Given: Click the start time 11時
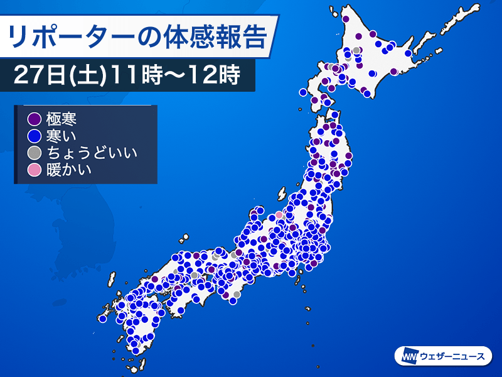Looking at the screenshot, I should pos(139,75).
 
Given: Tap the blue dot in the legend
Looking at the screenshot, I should pos(34,135).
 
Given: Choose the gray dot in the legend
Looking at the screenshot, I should pos(34,152).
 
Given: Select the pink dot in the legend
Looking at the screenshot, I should pos(34,168).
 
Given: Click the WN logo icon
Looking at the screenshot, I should pos(408,356).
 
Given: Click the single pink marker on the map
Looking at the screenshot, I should pos(279,216).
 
